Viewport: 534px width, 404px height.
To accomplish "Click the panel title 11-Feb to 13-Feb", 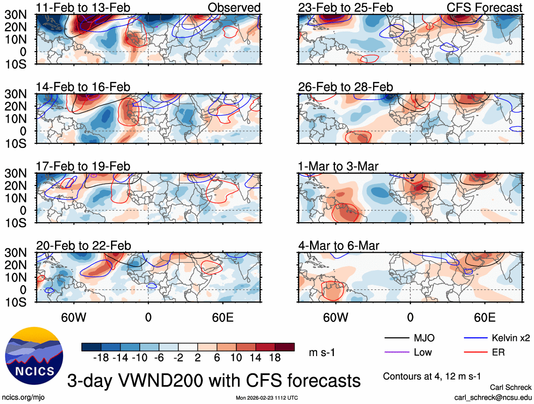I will tap(83, 8).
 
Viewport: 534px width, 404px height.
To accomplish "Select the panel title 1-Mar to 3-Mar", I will tap(338, 166).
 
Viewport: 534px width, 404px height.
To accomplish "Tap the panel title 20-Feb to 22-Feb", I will tap(83, 246).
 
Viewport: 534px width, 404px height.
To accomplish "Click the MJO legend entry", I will tap(423, 338).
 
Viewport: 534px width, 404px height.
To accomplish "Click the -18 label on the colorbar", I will tap(102, 358).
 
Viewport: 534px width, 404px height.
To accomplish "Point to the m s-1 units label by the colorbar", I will tap(322, 352).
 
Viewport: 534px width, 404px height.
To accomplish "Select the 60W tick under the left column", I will tap(73, 317).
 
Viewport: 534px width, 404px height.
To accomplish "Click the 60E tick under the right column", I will tap(485, 317).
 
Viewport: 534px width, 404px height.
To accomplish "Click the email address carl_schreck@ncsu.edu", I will tap(493, 397).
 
